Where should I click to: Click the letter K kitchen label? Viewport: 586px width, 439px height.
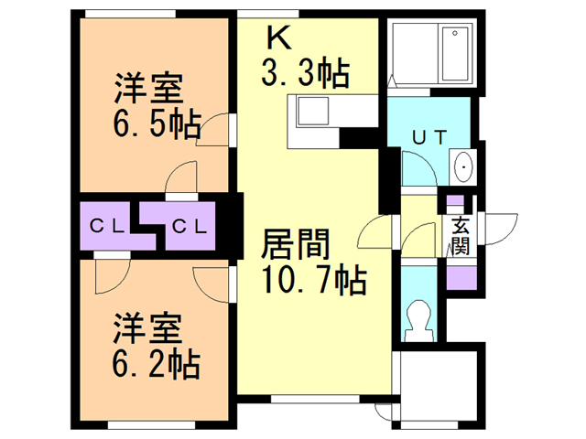277,37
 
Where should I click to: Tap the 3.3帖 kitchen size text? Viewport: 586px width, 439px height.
307,72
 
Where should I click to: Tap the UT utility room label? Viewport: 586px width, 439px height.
429,138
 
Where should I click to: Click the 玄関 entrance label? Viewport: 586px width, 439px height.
461,236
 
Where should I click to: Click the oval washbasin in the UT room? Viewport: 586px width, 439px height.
462,168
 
